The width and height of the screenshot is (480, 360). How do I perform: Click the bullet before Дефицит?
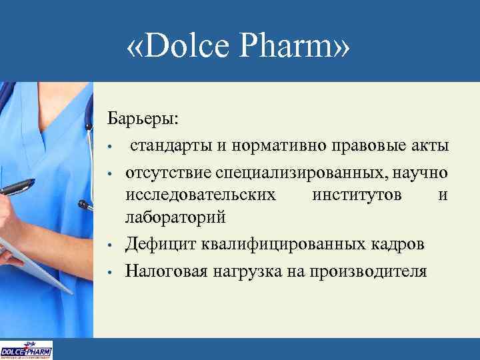point(116,245)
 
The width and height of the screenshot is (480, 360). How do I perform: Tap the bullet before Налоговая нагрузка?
point(116,272)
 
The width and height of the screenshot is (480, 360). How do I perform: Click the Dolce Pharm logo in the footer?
point(26,350)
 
